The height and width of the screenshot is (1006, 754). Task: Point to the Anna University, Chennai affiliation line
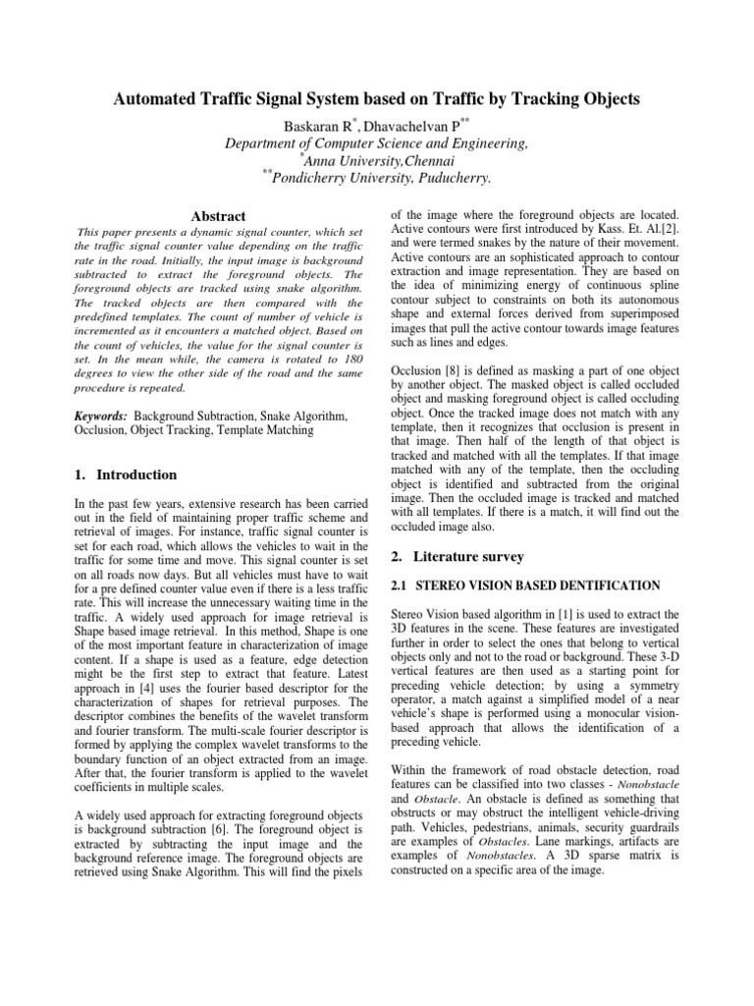pyautogui.click(x=378, y=160)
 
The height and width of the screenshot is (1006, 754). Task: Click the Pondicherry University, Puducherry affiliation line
pyautogui.click(x=378, y=178)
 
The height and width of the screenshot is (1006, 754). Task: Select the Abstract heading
pyautogui.click(x=219, y=216)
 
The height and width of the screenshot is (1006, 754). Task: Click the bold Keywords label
pyautogui.click(x=101, y=417)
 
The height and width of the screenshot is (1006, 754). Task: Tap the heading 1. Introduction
pyautogui.click(x=126, y=475)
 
